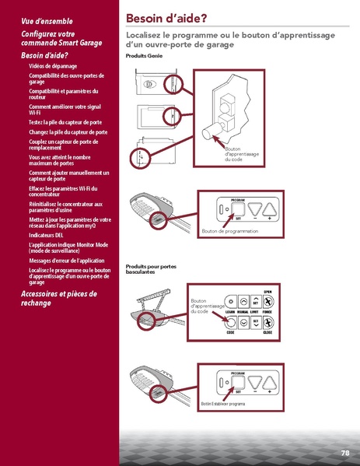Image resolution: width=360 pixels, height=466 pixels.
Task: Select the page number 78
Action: coord(344,453)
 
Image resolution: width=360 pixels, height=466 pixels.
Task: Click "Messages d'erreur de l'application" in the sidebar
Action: coord(66,260)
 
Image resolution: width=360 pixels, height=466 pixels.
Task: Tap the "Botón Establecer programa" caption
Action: coord(223,404)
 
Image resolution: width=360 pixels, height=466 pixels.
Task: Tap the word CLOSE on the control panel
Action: coord(267,333)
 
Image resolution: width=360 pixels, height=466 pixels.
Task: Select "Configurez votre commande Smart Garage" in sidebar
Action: coord(61,39)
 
